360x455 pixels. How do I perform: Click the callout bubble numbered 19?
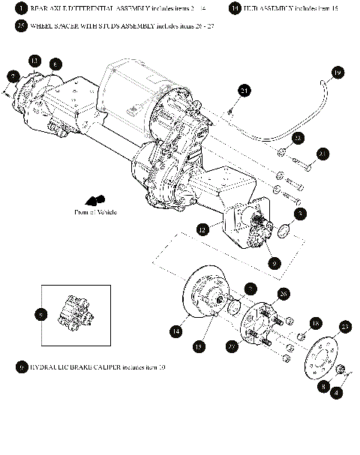(x=337, y=73)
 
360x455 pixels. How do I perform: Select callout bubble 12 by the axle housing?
(x=202, y=229)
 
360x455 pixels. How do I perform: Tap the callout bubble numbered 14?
(x=175, y=330)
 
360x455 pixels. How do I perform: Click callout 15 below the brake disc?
(x=199, y=346)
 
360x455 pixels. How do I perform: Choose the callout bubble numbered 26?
(x=283, y=293)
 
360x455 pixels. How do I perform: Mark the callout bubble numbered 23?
(x=345, y=326)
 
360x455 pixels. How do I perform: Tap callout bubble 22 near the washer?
(x=298, y=139)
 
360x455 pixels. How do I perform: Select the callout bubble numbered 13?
(x=34, y=60)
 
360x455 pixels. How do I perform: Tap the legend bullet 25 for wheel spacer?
(x=21, y=25)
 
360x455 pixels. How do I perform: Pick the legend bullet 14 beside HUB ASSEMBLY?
(x=235, y=7)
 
